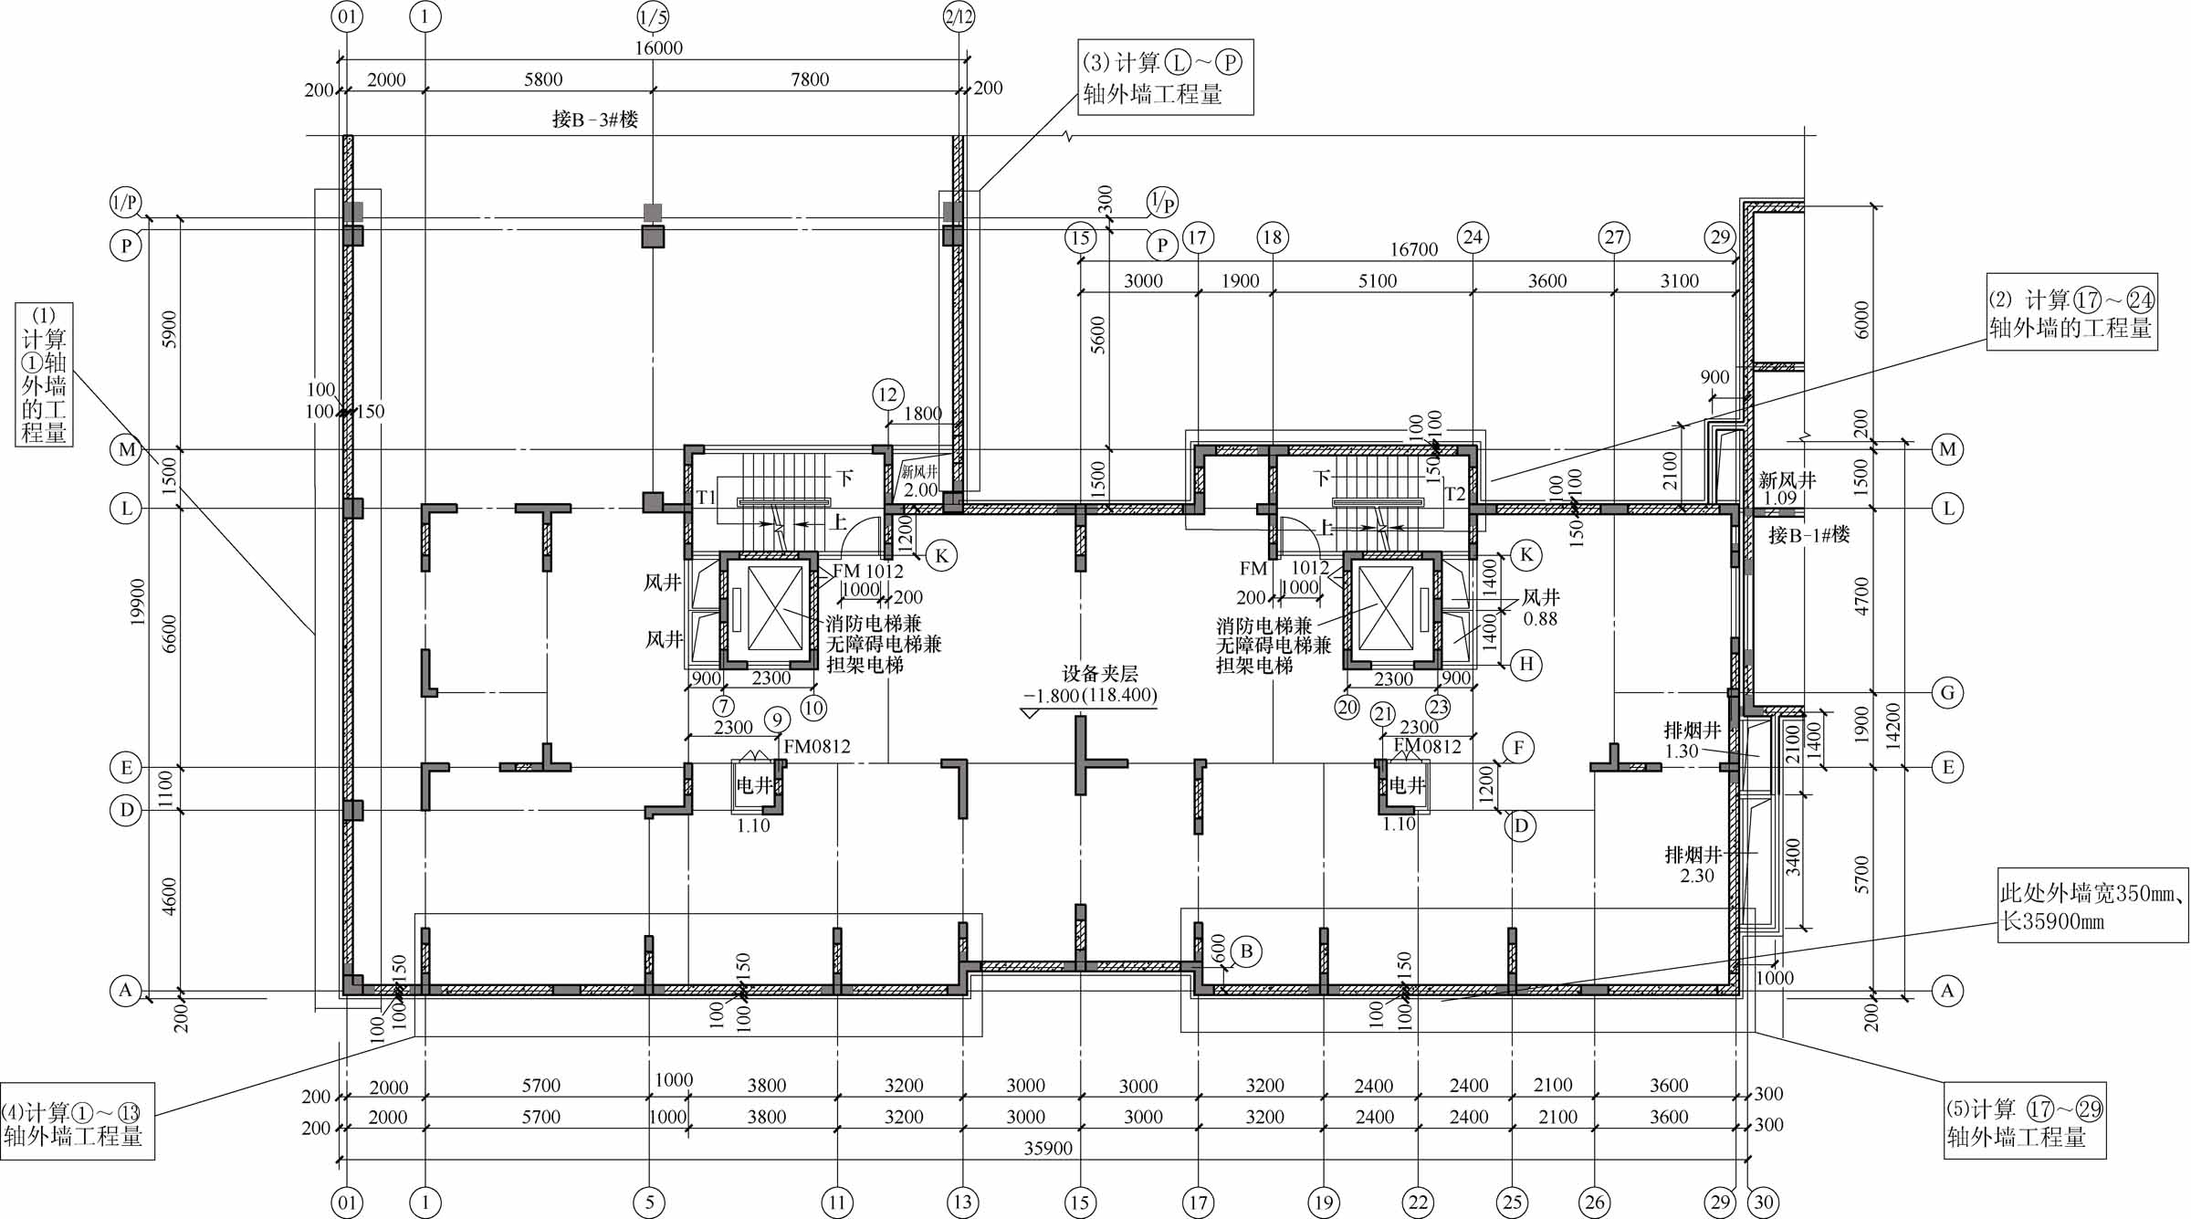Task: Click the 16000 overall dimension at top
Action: (x=658, y=47)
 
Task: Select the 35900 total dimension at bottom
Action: (x=1047, y=1148)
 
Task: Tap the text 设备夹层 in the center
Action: (x=1099, y=674)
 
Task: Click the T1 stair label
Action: (x=706, y=497)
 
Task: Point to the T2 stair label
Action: (x=1454, y=494)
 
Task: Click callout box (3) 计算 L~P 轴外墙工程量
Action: (x=1164, y=78)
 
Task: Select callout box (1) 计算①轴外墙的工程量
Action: (x=44, y=374)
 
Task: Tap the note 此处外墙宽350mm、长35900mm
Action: (x=2091, y=906)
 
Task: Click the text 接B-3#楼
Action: (x=595, y=119)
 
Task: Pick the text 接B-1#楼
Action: (x=1808, y=534)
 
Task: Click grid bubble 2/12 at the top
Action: (x=959, y=16)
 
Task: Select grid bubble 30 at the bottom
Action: (x=1763, y=1202)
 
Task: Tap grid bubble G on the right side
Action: (x=1947, y=692)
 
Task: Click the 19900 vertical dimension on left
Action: (x=137, y=603)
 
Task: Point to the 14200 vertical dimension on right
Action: (x=1893, y=726)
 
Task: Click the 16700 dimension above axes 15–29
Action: (x=1413, y=249)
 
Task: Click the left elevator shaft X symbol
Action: (x=774, y=608)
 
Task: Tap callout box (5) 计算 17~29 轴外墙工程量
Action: (x=2024, y=1122)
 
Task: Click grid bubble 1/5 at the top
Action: (x=652, y=16)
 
